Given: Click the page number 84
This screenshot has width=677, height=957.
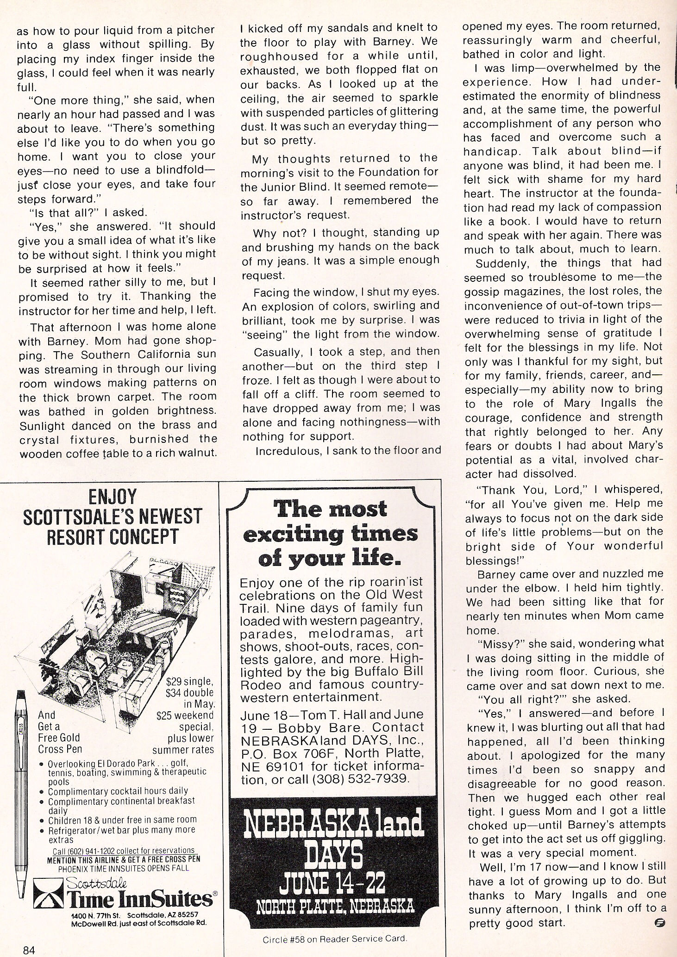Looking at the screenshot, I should (29, 950).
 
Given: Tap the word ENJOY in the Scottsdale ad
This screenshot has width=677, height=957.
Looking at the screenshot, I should (113, 497).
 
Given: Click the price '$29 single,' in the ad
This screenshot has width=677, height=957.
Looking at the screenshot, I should (190, 682).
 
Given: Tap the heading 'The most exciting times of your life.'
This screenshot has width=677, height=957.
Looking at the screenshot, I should (330, 534).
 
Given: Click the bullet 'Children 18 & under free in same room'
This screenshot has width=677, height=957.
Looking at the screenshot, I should (122, 820).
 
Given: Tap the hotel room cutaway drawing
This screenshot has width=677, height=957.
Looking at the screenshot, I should (116, 615).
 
